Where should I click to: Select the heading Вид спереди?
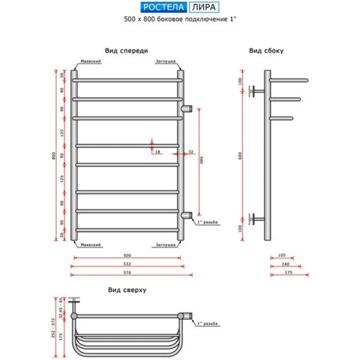pos(126,51)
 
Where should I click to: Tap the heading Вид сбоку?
pos(266,51)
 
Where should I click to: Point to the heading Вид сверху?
pos(127,290)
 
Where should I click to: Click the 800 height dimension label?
pos(53,155)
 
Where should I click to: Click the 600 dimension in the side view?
pos(240,155)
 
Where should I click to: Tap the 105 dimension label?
pos(282,255)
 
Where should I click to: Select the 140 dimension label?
pos(285,264)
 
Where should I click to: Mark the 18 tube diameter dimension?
pos(157,152)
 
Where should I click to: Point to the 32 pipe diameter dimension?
pos(191,152)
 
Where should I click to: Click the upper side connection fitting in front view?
pos(186,108)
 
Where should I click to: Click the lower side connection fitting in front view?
pos(186,215)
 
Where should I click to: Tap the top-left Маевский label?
pos(90,61)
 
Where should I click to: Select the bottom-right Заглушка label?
pos(166,245)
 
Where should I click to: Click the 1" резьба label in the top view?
pos(208,324)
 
